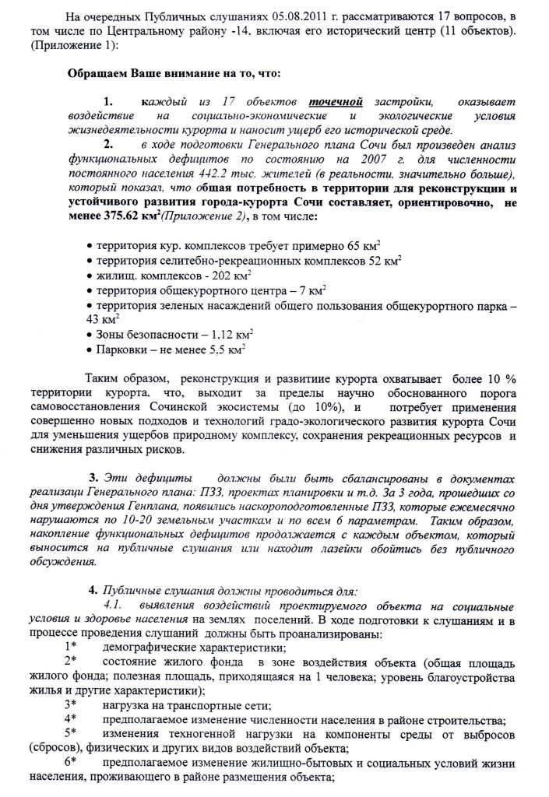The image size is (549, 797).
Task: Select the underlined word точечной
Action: (336, 101)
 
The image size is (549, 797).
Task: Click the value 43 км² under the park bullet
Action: (102, 319)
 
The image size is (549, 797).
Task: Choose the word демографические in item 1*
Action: (149, 648)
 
